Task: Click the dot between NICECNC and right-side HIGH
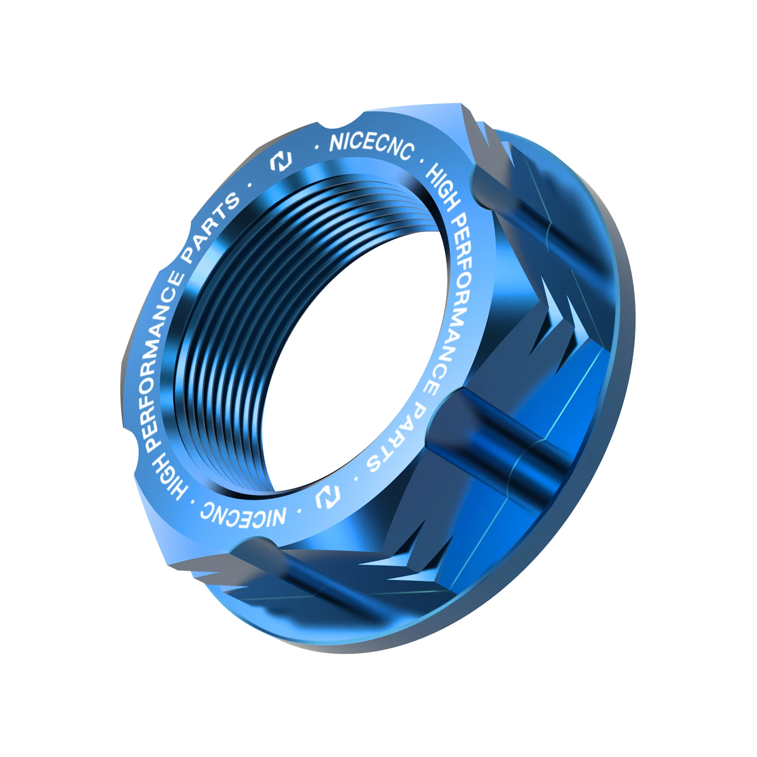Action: (421, 161)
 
